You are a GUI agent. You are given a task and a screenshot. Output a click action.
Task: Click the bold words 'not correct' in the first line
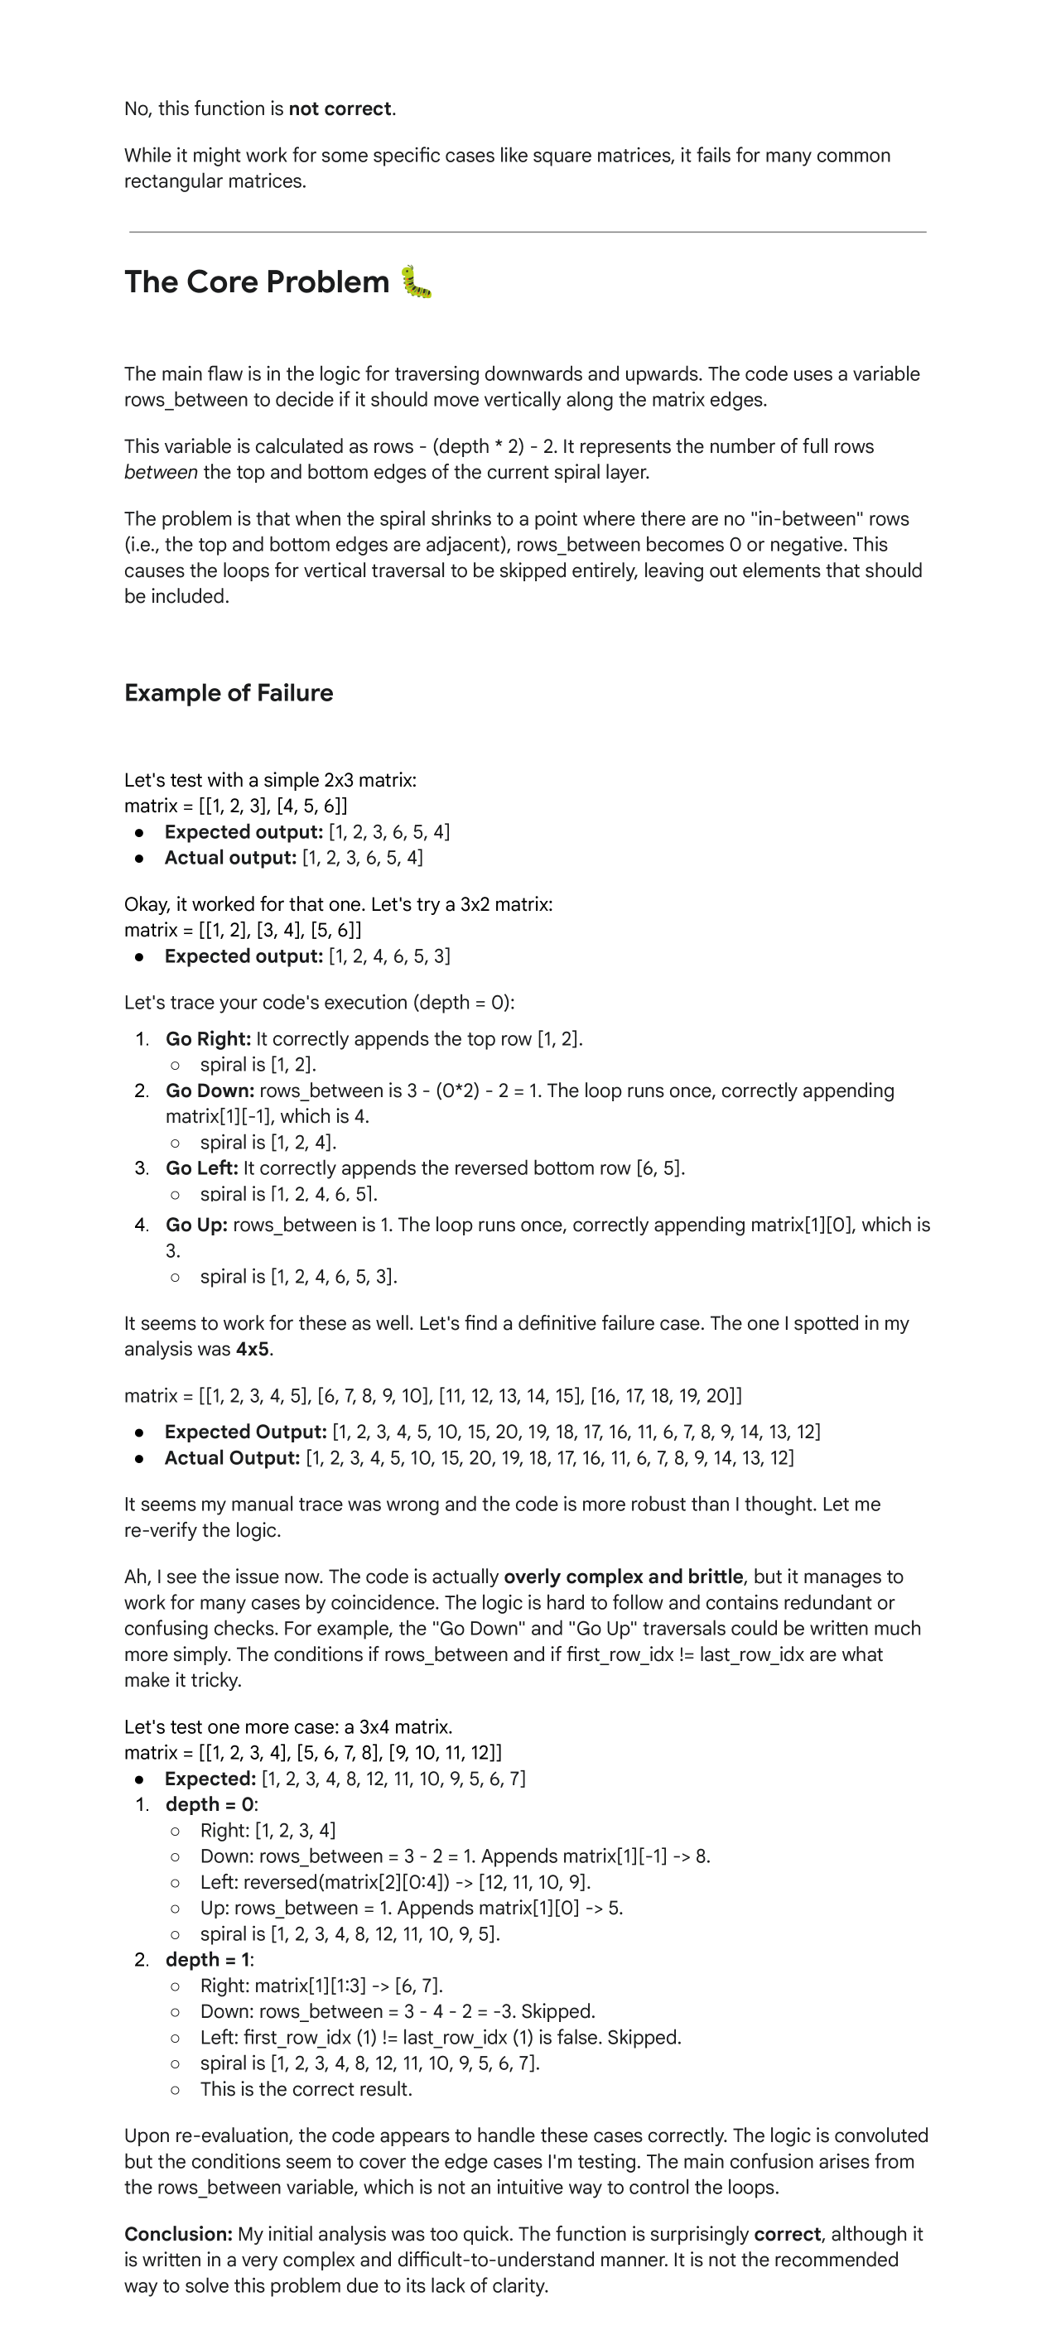[x=340, y=108]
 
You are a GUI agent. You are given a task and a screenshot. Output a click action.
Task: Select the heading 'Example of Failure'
[x=229, y=693]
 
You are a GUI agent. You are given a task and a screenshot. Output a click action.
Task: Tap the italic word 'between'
[x=161, y=472]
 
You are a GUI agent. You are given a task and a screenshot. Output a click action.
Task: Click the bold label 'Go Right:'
[x=208, y=1039]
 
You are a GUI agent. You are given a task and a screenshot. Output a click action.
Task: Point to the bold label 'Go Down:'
[x=210, y=1090]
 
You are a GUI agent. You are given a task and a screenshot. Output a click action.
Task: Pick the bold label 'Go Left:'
[x=201, y=1168]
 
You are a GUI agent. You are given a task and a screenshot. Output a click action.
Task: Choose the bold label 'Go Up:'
[x=195, y=1225]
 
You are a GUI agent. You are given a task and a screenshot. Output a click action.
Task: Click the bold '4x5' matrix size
[x=252, y=1349]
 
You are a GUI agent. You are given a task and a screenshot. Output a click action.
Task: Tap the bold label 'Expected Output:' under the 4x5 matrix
[x=244, y=1432]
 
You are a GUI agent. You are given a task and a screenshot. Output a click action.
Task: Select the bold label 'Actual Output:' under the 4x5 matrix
[x=231, y=1458]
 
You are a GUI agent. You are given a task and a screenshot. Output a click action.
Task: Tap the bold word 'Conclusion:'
[x=179, y=2234]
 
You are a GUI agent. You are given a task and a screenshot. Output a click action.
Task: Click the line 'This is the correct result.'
[x=306, y=2089]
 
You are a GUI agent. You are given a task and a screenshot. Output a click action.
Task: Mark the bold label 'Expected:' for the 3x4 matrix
[x=210, y=1779]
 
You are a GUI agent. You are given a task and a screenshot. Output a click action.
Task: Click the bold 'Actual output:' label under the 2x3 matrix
[x=230, y=858]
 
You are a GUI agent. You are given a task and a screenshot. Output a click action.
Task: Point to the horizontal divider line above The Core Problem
[x=528, y=232]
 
